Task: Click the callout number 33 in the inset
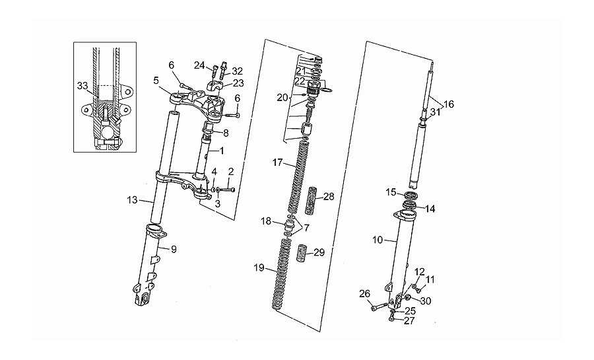[x=82, y=86]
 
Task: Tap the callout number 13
[x=132, y=199]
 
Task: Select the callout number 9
[x=174, y=249]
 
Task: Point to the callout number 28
[x=329, y=197]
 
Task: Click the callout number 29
[x=319, y=252]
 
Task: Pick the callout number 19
[x=259, y=268]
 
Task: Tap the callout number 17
[x=277, y=162]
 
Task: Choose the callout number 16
[x=449, y=104]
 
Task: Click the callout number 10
[x=378, y=240]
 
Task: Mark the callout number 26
[x=364, y=294]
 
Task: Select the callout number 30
[x=426, y=301]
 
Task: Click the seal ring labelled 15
[x=411, y=196]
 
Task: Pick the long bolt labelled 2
[x=226, y=190]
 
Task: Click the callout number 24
[x=199, y=65]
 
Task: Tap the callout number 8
[x=226, y=133]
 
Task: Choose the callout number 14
[x=430, y=209]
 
